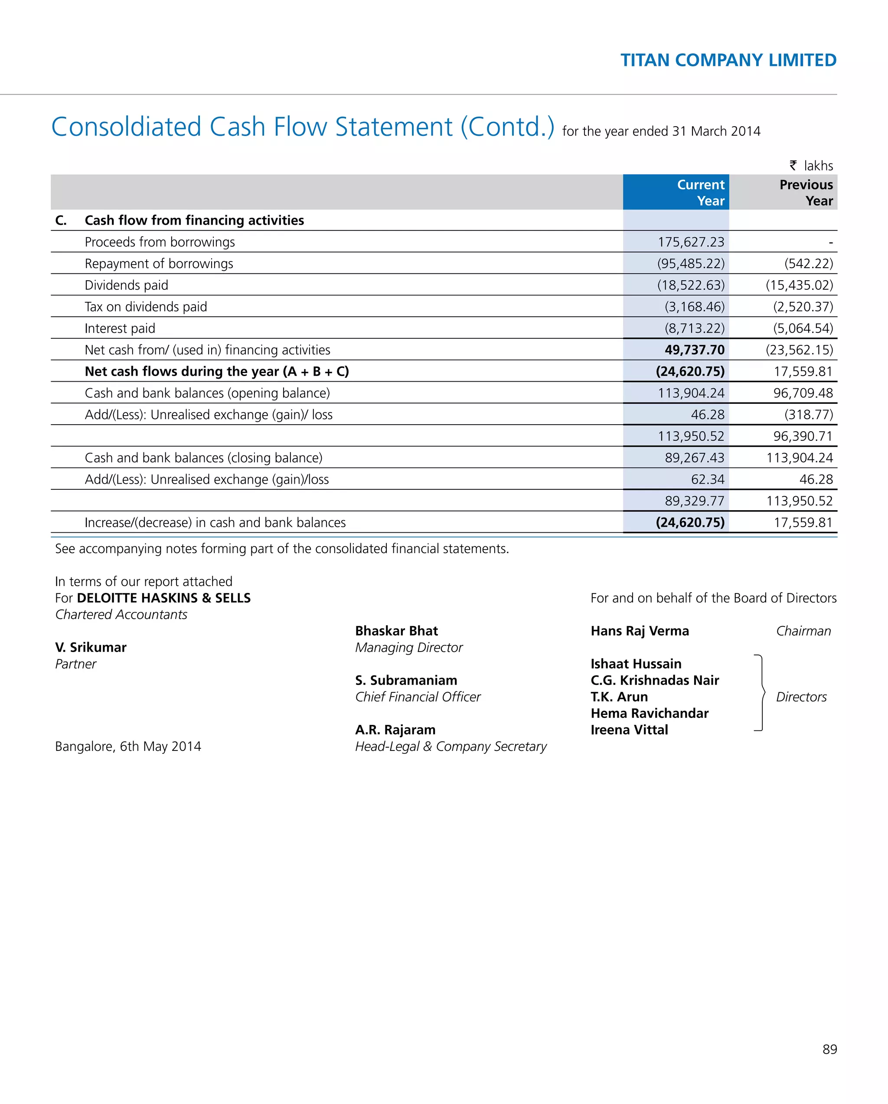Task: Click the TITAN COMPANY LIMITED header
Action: (x=728, y=60)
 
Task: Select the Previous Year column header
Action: (x=806, y=193)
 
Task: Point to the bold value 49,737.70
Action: (x=694, y=350)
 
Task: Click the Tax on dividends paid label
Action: (x=145, y=307)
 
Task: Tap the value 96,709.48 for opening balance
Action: (x=803, y=393)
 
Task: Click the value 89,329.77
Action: (x=694, y=501)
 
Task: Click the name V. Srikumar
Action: (x=91, y=647)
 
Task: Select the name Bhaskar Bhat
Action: (x=396, y=631)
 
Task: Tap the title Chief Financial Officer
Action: (x=418, y=697)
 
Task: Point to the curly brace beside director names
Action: (x=761, y=693)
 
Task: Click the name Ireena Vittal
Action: (x=629, y=730)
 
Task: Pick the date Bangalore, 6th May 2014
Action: (x=128, y=746)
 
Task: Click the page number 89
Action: (x=829, y=1049)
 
